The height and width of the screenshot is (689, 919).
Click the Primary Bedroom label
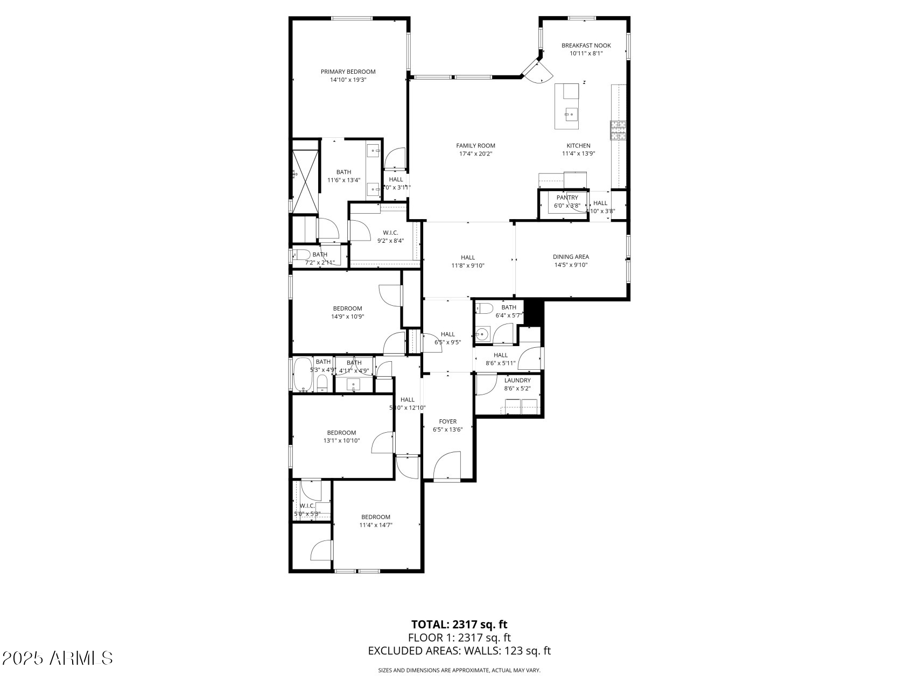[348, 72]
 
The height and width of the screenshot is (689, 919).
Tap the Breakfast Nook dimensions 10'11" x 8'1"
[586, 53]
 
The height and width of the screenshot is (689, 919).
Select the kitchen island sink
[571, 114]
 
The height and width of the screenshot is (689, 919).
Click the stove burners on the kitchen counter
[618, 130]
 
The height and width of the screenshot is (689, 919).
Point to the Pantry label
[567, 198]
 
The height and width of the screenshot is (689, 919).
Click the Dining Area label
[571, 257]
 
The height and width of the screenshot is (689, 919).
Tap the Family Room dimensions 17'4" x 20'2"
[475, 153]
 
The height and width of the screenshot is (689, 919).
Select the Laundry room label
[517, 380]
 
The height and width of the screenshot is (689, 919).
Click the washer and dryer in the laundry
[521, 406]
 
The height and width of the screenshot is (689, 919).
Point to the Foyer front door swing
[447, 466]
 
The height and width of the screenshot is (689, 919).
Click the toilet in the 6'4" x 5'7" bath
[484, 308]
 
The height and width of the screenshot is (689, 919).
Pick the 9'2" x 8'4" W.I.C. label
[390, 233]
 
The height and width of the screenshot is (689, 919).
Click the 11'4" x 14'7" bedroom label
[376, 517]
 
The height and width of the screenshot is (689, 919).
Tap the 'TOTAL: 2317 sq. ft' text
[459, 624]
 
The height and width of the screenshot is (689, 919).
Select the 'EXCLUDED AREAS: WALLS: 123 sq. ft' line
[459, 651]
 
